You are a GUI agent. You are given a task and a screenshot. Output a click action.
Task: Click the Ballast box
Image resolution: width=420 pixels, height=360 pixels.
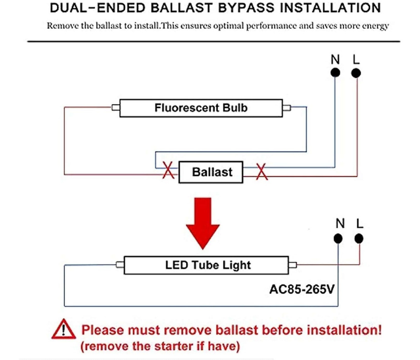click(x=211, y=172)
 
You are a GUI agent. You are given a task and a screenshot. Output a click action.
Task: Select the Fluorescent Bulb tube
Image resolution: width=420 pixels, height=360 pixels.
click(x=201, y=108)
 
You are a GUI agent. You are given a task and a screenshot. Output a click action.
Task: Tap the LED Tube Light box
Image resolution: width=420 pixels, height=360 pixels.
click(x=208, y=265)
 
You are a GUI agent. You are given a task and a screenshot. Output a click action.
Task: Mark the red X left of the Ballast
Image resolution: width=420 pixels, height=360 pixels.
click(x=169, y=171)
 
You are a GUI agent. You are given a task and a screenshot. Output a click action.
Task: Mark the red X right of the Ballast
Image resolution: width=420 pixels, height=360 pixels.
click(x=261, y=172)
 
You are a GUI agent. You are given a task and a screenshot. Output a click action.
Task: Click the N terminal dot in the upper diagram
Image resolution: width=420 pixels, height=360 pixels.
click(x=335, y=72)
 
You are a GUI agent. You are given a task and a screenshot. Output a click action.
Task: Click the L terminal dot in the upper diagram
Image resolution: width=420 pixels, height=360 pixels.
click(x=356, y=73)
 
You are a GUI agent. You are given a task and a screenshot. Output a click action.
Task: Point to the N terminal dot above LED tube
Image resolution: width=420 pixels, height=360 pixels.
click(x=338, y=239)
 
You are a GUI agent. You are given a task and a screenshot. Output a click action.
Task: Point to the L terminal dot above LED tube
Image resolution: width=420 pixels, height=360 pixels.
click(x=359, y=239)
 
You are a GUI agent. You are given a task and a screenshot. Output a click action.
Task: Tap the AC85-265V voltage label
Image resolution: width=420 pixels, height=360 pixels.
click(x=302, y=289)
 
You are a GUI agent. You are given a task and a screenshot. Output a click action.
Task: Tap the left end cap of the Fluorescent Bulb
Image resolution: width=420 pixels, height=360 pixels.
click(x=116, y=108)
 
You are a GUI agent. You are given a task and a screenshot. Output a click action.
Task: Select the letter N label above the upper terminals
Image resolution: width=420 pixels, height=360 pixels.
click(x=335, y=59)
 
